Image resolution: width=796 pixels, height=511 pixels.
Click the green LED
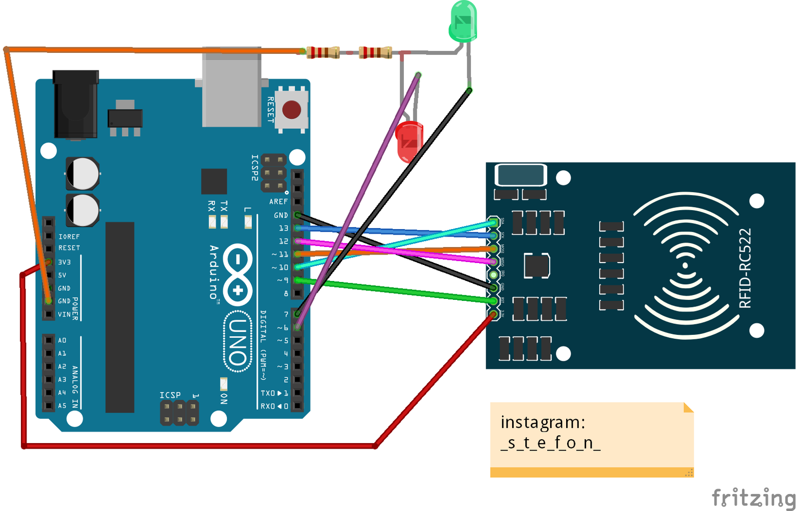click(463, 21)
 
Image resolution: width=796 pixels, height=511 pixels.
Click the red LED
click(409, 142)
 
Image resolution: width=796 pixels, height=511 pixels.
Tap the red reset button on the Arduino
click(292, 109)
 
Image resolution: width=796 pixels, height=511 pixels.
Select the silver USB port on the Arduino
click(231, 90)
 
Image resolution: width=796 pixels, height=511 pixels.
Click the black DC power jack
click(75, 105)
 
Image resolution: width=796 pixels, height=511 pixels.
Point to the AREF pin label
click(278, 202)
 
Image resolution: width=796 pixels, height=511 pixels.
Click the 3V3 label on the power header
click(64, 262)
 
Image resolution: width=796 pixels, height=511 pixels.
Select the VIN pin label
click(64, 314)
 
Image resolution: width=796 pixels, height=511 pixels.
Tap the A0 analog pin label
click(62, 340)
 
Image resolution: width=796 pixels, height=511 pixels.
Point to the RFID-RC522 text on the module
click(745, 268)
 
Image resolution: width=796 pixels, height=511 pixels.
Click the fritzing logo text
click(753, 498)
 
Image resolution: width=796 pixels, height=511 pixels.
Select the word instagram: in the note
click(543, 422)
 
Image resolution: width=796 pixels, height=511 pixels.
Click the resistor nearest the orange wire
click(323, 52)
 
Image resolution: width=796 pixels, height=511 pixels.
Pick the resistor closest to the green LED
click(376, 52)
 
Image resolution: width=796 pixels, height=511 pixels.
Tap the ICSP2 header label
click(255, 168)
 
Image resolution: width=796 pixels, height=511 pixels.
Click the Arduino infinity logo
click(238, 274)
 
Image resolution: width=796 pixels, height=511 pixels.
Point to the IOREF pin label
click(69, 237)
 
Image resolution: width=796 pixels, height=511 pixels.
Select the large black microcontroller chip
click(120, 317)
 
